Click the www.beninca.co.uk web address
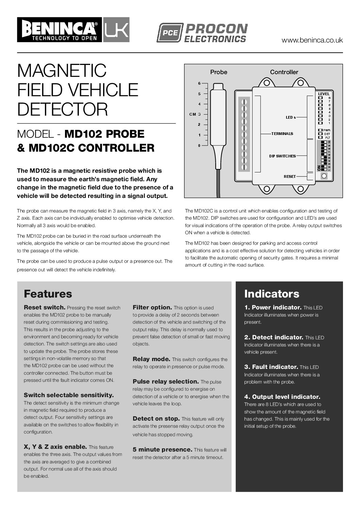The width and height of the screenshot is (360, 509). pyautogui.click(x=312, y=40)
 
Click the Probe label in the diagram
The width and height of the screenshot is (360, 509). pyautogui.click(x=218, y=72)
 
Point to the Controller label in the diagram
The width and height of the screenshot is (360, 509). pyautogui.click(x=284, y=72)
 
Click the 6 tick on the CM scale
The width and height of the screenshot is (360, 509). pyautogui.click(x=200, y=83)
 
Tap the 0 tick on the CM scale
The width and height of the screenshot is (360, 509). pyautogui.click(x=200, y=146)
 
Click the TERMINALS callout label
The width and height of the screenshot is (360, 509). pyautogui.click(x=282, y=134)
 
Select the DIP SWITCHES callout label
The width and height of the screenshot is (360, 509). pyautogui.click(x=282, y=156)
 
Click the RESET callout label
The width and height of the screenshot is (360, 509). pyautogui.click(x=290, y=176)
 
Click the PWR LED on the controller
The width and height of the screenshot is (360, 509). pyautogui.click(x=320, y=130)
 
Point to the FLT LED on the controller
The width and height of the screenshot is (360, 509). pyautogui.click(x=320, y=137)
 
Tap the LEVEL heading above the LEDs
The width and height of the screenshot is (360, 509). pyautogui.click(x=324, y=94)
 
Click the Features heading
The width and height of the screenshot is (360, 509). pyautogui.click(x=48, y=294)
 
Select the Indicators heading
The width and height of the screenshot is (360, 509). pyautogui.click(x=272, y=294)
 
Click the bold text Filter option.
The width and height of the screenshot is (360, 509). pyautogui.click(x=152, y=307)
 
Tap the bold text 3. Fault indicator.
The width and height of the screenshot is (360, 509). pyautogui.click(x=271, y=367)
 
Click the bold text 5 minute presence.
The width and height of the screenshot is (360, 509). pyautogui.click(x=162, y=449)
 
